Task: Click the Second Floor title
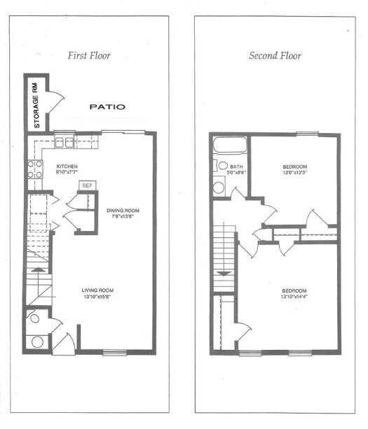[x=274, y=55]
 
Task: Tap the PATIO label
[x=107, y=107]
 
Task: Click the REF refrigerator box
[x=87, y=185]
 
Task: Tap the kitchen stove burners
[x=33, y=168]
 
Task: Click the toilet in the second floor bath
[x=218, y=186]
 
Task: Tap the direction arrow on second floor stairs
[x=224, y=274]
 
